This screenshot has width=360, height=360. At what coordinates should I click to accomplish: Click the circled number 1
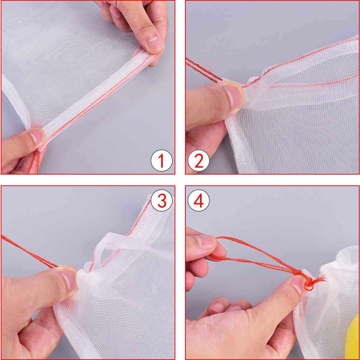pos(161,161)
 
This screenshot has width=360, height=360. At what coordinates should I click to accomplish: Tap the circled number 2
pos(199,161)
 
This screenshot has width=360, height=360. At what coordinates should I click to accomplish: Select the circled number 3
pos(162,200)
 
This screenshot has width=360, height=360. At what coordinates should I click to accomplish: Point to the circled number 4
pos(199,200)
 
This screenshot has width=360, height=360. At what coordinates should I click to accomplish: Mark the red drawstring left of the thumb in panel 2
pos(204,70)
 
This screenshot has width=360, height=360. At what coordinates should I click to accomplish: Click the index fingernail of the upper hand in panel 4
pos(206,242)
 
